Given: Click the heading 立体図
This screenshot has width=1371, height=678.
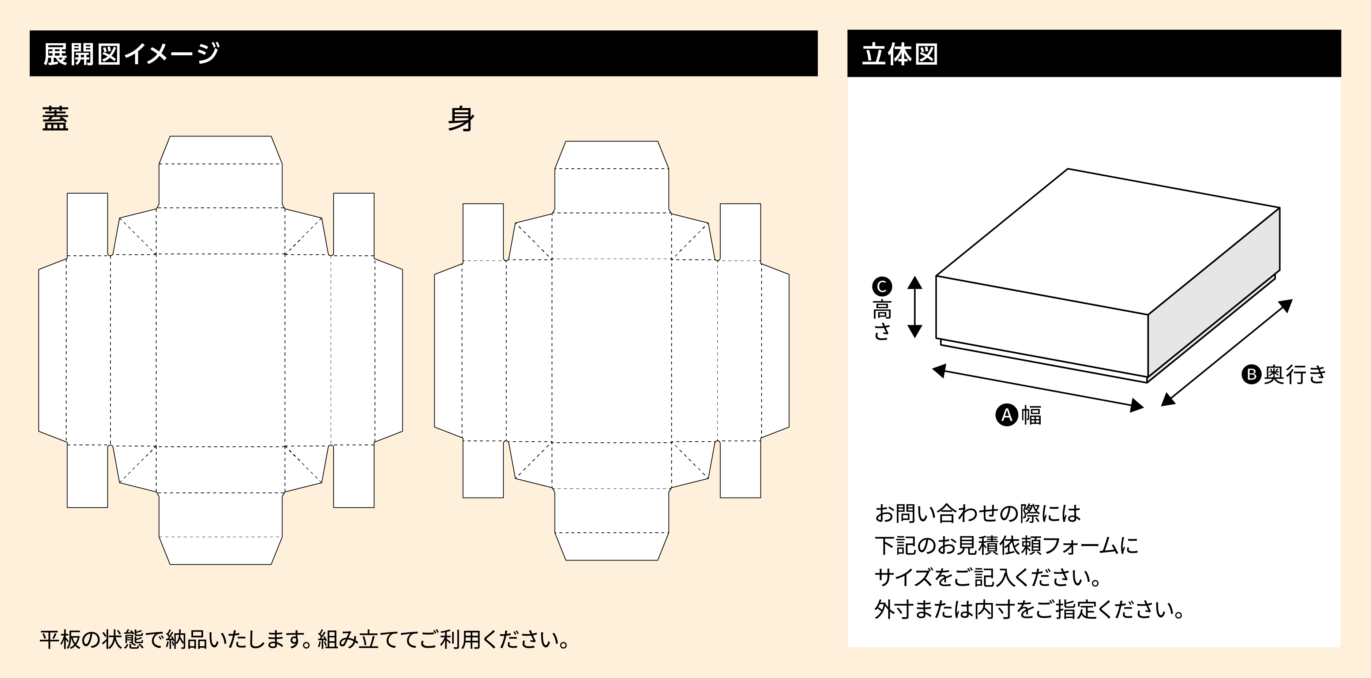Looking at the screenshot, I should [899, 54].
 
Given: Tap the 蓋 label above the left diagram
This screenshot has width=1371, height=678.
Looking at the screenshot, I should [55, 119].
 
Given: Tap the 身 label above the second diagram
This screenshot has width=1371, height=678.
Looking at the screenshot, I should [461, 119].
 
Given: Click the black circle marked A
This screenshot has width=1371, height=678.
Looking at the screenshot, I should [1006, 415].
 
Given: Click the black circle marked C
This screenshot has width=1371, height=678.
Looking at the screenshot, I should [881, 287].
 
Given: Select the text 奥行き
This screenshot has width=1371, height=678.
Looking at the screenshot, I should [1295, 375].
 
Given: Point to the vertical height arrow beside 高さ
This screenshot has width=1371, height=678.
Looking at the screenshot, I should [914, 307].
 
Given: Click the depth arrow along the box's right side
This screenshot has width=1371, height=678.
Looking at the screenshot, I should [1227, 352].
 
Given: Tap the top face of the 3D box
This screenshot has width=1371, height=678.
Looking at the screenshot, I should [1107, 240].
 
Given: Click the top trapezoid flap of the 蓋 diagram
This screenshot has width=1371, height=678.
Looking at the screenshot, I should [220, 150].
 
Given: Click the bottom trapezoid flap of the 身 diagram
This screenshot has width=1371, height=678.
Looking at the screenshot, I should [612, 546].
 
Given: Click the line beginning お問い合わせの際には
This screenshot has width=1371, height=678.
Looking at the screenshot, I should [977, 514].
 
